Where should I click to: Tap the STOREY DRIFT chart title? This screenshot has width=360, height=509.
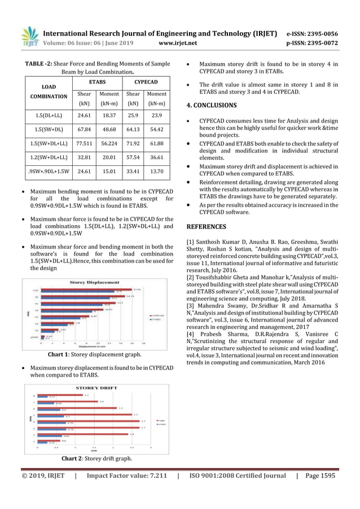click(93, 388)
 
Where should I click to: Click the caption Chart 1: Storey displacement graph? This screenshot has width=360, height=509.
click(94, 354)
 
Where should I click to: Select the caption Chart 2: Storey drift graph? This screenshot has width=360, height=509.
click(94, 458)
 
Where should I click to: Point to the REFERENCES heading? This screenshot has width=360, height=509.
click(205, 226)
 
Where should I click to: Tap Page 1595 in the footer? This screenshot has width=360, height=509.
click(319, 476)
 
